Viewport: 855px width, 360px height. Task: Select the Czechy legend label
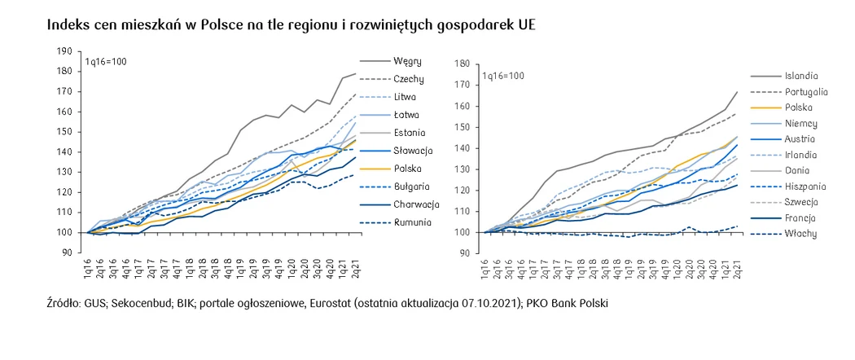(x=408, y=79)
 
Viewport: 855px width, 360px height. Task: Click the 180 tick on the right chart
(x=463, y=64)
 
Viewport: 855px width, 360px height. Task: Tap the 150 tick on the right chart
(x=463, y=126)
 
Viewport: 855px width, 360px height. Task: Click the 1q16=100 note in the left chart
(x=106, y=62)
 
